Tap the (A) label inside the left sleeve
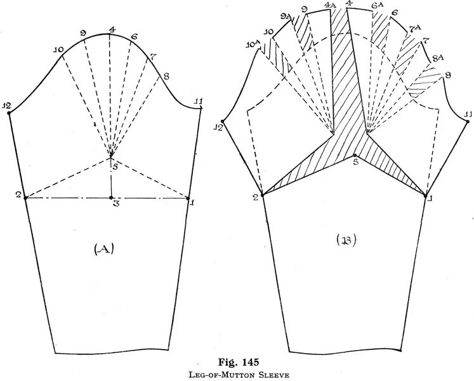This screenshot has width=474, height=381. [103, 250]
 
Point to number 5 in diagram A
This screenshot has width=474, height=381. [115, 167]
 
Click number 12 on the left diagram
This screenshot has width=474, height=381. [7, 106]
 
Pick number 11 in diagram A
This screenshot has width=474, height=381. [198, 102]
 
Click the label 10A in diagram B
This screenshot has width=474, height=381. [253, 44]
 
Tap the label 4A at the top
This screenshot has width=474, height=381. [330, 5]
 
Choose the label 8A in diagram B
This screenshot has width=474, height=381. [438, 58]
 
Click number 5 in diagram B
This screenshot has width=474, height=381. [357, 162]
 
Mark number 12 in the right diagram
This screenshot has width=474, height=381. [218, 128]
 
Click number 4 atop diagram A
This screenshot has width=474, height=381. [112, 30]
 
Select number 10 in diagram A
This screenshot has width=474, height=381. [58, 50]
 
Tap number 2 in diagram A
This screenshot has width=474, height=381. [19, 194]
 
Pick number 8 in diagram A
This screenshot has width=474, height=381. [166, 77]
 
